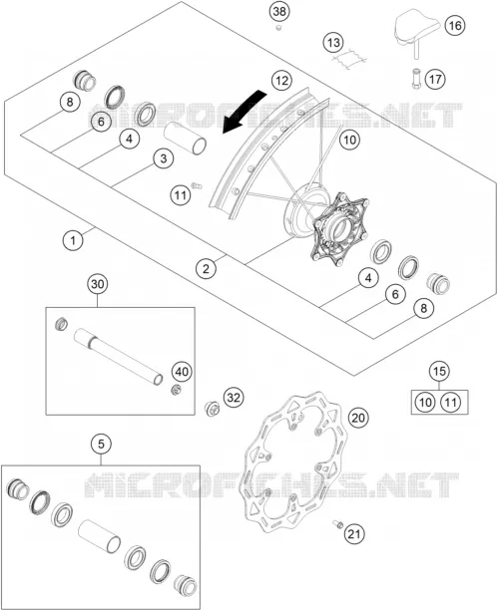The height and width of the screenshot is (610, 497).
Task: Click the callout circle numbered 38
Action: point(279,11)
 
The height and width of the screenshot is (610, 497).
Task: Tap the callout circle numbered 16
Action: point(455,25)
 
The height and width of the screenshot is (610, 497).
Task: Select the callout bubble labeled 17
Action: point(435,79)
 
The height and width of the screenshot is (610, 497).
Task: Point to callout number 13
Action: point(333,43)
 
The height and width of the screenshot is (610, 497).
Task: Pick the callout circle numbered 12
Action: point(281,81)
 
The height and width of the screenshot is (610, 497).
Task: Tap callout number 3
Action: point(164,158)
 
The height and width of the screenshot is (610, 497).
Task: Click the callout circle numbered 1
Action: point(73,240)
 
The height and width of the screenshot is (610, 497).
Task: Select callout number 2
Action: point(206,268)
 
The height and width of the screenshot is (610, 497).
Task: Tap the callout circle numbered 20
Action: point(358,418)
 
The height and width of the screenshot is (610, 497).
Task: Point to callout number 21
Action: point(354,534)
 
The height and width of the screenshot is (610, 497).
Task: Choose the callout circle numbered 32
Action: point(234,398)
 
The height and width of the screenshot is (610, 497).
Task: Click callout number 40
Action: point(182,372)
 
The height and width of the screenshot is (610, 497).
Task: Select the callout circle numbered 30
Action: point(98,284)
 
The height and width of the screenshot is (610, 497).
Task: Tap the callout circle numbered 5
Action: point(101,444)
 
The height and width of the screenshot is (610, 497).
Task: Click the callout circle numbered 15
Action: point(439,371)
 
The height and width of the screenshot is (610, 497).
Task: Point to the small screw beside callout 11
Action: point(197,185)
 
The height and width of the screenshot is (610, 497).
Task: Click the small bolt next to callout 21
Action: point(337,524)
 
